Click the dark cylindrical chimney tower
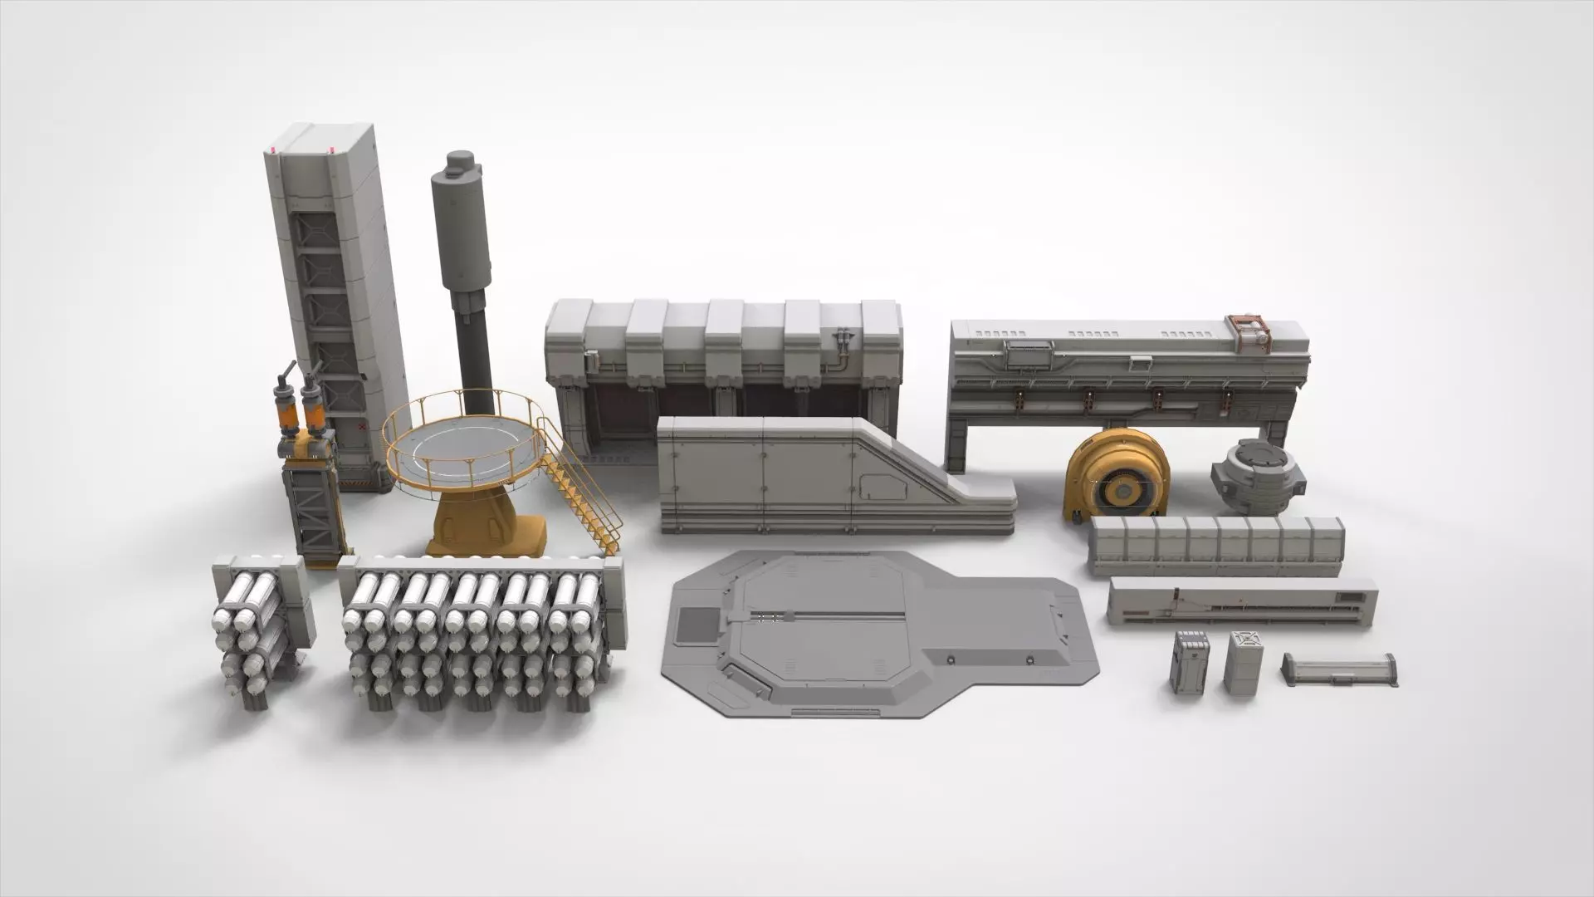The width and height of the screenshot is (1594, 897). pos(465,274)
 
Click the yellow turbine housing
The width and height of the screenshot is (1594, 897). pos(1117,482)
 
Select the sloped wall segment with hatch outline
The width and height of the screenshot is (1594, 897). pos(830,478)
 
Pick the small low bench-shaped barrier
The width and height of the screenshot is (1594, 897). pos(1339,669)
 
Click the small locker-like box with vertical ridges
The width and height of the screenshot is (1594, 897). pos(1189,662)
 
